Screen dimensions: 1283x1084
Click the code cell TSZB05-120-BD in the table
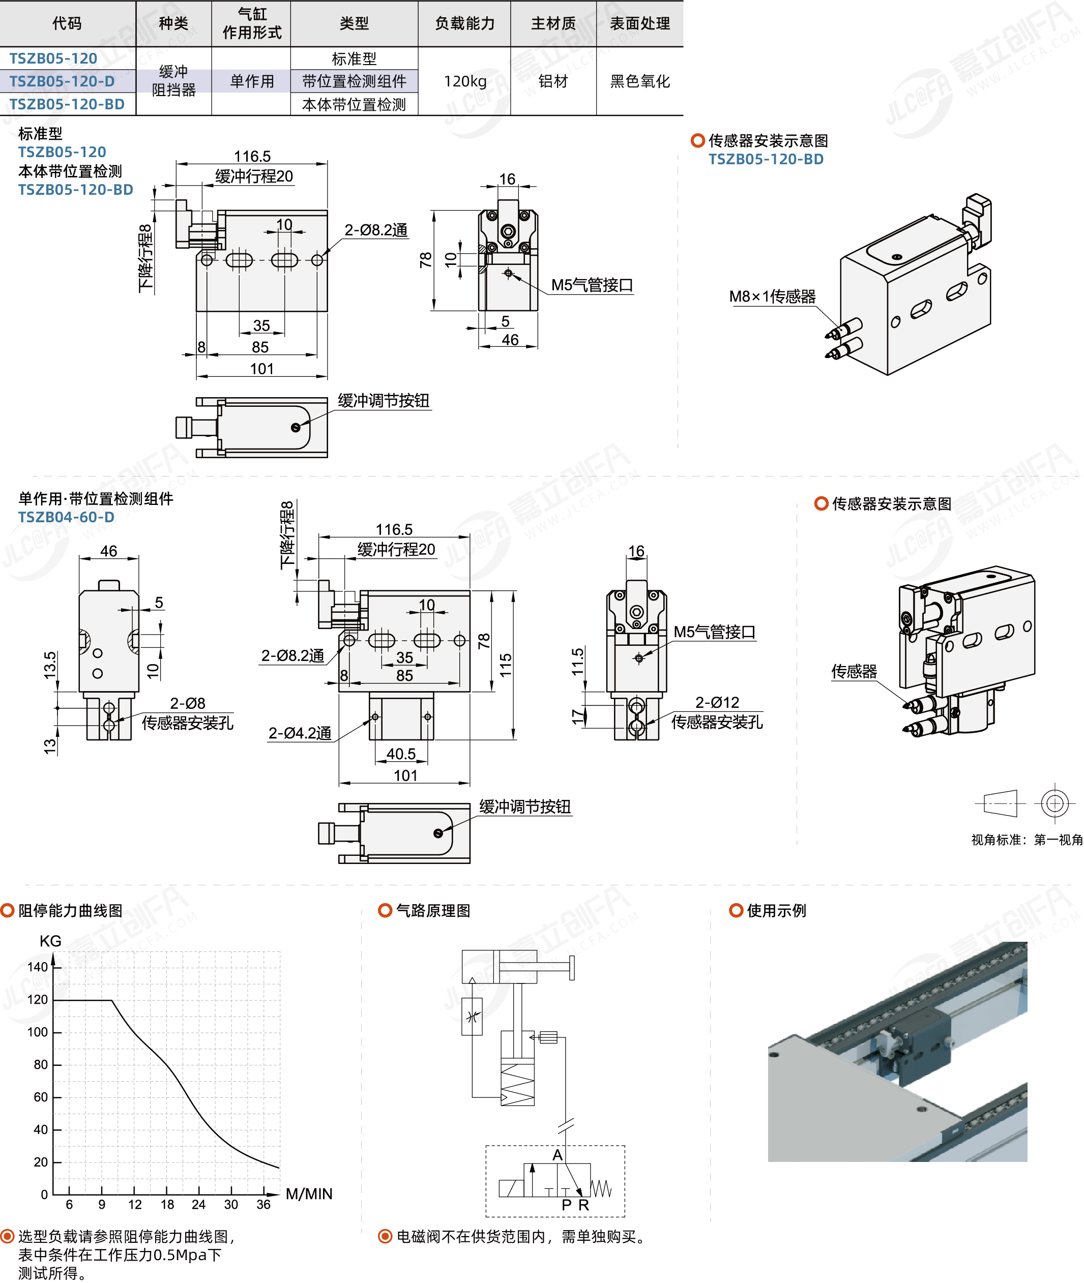tap(67, 104)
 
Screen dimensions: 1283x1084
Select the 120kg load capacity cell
tap(464, 81)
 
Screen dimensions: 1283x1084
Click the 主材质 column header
tap(553, 23)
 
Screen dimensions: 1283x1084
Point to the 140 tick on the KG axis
tap(38, 967)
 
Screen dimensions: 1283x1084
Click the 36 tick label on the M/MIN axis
tap(263, 1204)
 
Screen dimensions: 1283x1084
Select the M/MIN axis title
tap(309, 1194)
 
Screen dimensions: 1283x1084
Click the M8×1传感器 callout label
tap(772, 296)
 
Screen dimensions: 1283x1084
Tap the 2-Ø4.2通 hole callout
tap(300, 733)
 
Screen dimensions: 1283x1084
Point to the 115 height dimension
tap(506, 665)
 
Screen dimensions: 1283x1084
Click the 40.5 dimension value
tap(401, 754)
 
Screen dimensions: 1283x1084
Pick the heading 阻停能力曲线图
tap(70, 910)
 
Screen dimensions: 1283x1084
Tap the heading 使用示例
tap(776, 910)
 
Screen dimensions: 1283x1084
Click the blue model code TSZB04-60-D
tap(66, 517)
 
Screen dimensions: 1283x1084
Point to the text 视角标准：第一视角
tap(1026, 840)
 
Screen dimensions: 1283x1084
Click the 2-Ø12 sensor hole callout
tap(717, 702)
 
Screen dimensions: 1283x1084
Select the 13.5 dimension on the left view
tap(50, 665)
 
